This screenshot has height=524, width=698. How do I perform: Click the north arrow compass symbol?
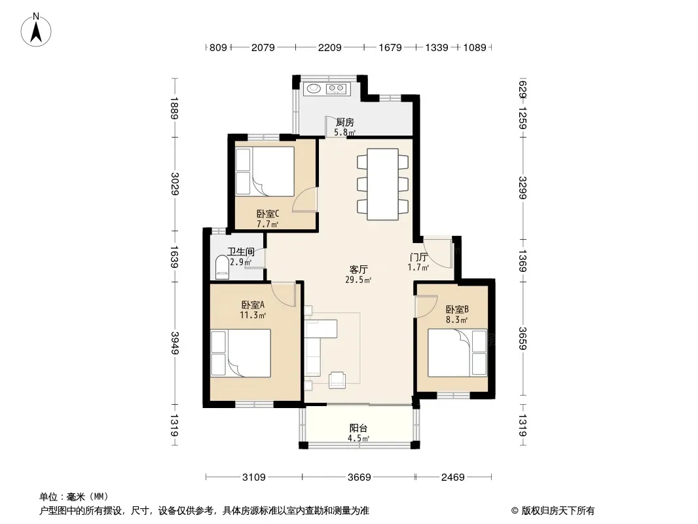[36, 30]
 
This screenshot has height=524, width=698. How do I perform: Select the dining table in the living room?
[382, 184]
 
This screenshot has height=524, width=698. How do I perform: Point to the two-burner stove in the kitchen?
[336, 88]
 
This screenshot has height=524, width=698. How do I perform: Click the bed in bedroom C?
[265, 172]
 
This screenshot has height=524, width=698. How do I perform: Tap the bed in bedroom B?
[457, 353]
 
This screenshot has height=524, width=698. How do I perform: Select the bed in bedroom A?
[240, 353]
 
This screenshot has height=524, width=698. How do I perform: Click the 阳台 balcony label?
[358, 428]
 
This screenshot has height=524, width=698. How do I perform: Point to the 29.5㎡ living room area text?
[358, 280]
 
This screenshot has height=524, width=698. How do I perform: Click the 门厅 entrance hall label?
[418, 257]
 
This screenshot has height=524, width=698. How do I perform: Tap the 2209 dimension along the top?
[329, 47]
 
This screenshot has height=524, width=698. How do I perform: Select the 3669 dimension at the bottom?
[359, 477]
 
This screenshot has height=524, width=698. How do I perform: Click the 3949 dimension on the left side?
[174, 343]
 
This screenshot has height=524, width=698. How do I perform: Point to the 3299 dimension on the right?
[523, 188]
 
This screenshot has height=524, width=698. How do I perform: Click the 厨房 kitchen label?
[345, 122]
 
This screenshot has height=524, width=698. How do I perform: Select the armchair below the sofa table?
[337, 379]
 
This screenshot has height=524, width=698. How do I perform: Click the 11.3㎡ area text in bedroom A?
[253, 315]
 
